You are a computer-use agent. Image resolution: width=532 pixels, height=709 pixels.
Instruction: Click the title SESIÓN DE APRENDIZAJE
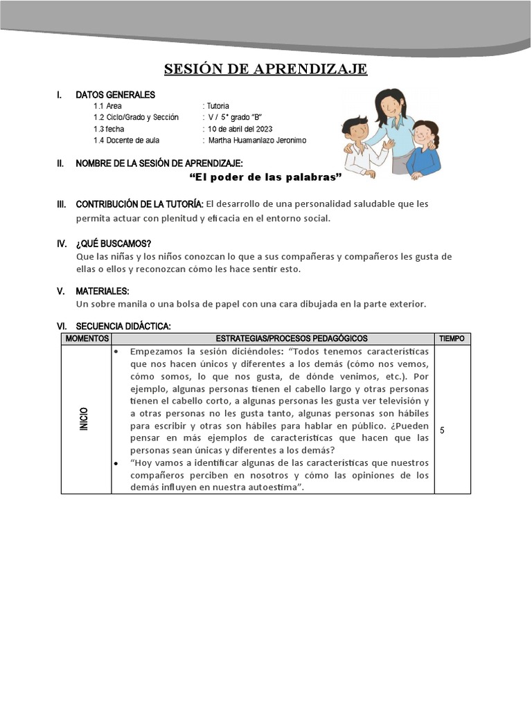pos(265,69)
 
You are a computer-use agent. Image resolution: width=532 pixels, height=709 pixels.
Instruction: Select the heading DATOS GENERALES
pos(115,95)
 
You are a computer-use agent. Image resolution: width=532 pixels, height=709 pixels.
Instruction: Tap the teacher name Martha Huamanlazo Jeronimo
pos(257,141)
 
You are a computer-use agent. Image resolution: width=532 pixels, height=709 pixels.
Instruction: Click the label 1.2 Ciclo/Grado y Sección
pos(136,118)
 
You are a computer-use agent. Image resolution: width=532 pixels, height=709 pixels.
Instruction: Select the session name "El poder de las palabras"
pos(266,178)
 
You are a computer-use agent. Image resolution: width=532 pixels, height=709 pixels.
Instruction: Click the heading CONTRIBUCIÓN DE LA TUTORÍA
pos(139,204)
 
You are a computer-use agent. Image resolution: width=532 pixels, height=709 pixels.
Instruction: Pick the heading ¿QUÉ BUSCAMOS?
pos(113,243)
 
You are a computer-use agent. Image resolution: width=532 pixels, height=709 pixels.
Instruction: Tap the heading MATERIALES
pos(103,291)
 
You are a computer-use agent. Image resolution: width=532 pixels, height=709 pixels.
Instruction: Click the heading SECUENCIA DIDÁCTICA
pos(123,326)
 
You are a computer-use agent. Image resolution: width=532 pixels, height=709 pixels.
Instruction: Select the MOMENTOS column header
pos(86,339)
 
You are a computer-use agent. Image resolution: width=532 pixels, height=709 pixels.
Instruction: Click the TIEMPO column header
pos(453,339)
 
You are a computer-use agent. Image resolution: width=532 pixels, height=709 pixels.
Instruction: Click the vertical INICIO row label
pos(84,419)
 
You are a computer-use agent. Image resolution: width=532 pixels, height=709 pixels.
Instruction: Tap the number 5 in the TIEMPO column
pos(442,431)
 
